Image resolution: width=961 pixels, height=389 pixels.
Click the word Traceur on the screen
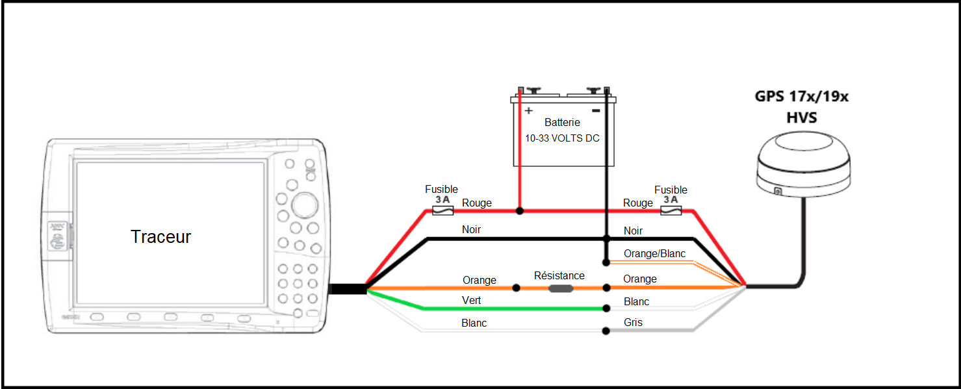(x=161, y=237)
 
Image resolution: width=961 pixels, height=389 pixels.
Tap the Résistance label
(x=559, y=276)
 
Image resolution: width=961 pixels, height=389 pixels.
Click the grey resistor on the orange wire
(x=561, y=288)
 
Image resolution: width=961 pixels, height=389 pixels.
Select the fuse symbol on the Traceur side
(x=442, y=210)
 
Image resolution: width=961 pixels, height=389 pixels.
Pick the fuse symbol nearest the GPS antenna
(x=671, y=210)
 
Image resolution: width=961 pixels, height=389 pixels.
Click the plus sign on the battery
(x=528, y=110)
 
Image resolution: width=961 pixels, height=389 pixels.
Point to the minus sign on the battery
(x=596, y=110)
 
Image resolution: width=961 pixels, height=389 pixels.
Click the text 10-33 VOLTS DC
(x=562, y=138)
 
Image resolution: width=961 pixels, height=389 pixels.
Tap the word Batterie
(x=562, y=122)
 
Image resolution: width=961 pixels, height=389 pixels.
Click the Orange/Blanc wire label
(x=654, y=253)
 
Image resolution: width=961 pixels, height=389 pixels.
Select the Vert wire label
(x=471, y=300)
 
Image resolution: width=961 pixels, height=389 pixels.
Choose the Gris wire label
(x=633, y=322)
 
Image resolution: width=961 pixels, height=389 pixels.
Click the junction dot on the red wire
(x=520, y=210)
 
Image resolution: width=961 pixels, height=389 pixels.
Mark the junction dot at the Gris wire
(x=606, y=331)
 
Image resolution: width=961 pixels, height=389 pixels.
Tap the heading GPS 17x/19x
(x=801, y=97)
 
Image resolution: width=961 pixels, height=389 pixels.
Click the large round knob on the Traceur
(x=305, y=205)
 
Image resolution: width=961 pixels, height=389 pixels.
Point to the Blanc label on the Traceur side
(x=474, y=323)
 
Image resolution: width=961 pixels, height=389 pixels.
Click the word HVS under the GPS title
(x=801, y=118)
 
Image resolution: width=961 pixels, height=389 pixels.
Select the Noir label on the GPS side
(x=633, y=231)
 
